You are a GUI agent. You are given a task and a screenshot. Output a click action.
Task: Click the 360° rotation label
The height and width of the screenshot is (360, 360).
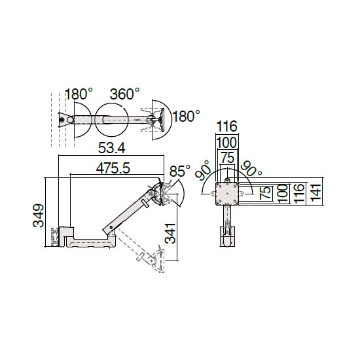pyautogui.click(x=124, y=94)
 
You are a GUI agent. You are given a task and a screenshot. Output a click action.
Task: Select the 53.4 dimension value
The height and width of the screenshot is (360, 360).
pyautogui.click(x=112, y=148)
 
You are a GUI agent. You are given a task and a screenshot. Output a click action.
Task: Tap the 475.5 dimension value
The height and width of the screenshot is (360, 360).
pyautogui.click(x=113, y=168)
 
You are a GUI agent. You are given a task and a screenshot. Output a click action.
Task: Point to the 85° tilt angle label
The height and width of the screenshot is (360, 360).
pyautogui.click(x=180, y=171)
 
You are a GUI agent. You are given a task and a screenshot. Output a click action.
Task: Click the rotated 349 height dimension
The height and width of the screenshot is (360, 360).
pyautogui.click(x=38, y=215)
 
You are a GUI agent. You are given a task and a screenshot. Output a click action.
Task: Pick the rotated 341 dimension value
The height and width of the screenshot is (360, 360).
pyautogui.click(x=170, y=233)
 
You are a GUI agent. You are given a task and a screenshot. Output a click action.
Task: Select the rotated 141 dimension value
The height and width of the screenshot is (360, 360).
pyautogui.click(x=316, y=192)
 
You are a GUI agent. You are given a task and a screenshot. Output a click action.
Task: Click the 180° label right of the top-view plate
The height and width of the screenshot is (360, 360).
pyautogui.click(x=186, y=116)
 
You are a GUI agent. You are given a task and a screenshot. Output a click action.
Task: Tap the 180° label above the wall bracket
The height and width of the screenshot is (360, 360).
pyautogui.click(x=79, y=94)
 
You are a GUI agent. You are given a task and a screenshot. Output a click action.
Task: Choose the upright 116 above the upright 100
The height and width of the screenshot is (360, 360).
pyautogui.click(x=227, y=126)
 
